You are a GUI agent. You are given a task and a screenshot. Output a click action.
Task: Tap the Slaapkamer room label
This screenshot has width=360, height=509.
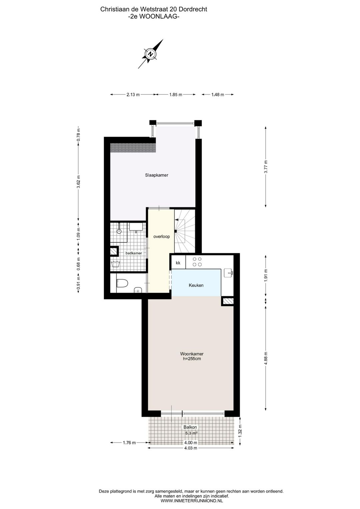pos(157,175)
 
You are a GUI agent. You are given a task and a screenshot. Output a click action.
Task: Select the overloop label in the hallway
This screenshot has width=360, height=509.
pos(161,236)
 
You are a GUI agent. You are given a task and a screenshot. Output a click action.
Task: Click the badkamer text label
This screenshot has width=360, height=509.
pos(134,253)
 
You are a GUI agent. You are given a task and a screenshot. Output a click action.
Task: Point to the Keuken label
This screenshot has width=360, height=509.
pos(196,285)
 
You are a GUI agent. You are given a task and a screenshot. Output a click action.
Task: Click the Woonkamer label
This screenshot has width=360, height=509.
pos(192,354)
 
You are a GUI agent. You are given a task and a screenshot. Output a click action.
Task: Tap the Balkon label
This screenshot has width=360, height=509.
pos(190,427)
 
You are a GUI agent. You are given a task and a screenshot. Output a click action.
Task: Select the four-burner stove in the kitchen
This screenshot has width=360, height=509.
pos(197,262)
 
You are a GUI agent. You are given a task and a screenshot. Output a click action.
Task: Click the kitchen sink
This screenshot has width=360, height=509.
pos(228,273)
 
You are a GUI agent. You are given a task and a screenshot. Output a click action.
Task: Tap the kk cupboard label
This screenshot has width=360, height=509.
pos(178,263)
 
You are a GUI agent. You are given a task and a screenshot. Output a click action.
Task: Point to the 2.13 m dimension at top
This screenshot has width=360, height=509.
pos(133,94)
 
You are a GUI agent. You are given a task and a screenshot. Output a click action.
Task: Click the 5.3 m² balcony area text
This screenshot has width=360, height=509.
pos(191,433)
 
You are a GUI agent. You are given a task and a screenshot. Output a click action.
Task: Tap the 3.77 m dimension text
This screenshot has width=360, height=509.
pos(266,167)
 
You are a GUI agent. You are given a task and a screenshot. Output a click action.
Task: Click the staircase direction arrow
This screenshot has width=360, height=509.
pos(176,220)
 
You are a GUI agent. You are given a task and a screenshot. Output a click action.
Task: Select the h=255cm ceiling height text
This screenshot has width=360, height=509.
pos(192,359)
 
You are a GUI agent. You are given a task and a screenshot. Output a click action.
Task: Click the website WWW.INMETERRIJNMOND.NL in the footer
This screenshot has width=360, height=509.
pos(192,501)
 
